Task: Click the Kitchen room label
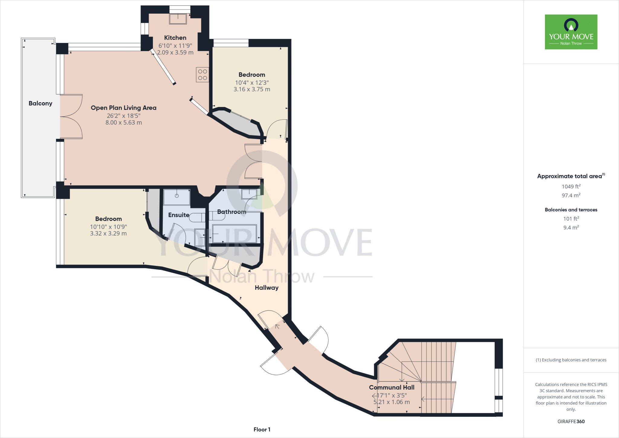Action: (x=175, y=38)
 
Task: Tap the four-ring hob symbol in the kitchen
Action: (x=203, y=75)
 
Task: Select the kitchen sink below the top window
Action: (x=178, y=19)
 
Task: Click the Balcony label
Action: (x=40, y=103)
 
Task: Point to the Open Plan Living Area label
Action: (x=123, y=108)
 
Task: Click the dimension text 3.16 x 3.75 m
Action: (x=252, y=89)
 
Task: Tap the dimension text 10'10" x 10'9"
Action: (x=108, y=227)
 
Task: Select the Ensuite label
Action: (x=179, y=215)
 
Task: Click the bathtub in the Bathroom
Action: (x=234, y=234)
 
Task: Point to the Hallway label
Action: (x=266, y=288)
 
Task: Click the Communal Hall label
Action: (x=391, y=387)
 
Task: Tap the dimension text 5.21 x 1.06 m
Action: (x=391, y=402)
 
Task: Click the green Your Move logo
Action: (x=571, y=32)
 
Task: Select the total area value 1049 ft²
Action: (x=571, y=187)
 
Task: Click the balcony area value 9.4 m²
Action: (x=571, y=227)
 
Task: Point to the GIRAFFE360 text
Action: (x=571, y=421)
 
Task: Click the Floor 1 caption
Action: (x=262, y=430)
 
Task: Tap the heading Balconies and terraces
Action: (x=571, y=210)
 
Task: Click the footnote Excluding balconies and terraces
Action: (x=571, y=360)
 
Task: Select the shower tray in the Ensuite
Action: (x=177, y=197)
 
